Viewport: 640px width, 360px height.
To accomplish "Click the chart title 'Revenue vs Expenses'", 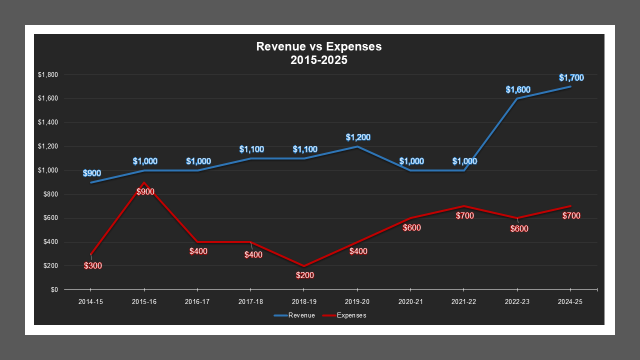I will pos(318,46).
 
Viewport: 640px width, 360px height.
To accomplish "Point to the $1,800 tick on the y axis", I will pos(48,75).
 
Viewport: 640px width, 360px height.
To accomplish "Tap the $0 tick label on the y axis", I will pos(54,290).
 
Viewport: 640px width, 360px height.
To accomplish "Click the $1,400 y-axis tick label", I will pos(48,122).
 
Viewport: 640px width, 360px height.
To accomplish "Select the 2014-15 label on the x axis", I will pos(91,302).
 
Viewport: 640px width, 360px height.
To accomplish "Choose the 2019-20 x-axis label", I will pos(357,302).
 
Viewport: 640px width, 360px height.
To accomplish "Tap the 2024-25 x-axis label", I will pos(570,302).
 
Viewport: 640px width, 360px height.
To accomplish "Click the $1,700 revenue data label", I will pos(571,77).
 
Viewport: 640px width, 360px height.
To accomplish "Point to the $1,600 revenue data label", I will pos(517,90).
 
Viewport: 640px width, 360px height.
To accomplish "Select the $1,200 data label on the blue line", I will pos(358,137).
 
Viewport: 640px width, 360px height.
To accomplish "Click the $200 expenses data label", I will pos(304,275).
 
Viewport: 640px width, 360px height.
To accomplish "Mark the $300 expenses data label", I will pos(93,265).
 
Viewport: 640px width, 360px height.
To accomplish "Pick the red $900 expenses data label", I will pos(145,191).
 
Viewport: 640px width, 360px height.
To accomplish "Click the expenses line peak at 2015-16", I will pos(144,182).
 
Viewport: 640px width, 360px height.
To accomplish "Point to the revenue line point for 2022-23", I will pos(517,99).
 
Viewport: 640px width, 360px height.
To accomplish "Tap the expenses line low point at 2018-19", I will pos(304,266).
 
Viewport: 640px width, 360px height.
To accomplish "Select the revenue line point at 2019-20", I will pos(357,146).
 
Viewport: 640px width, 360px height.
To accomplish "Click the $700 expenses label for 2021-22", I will pos(464,215).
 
